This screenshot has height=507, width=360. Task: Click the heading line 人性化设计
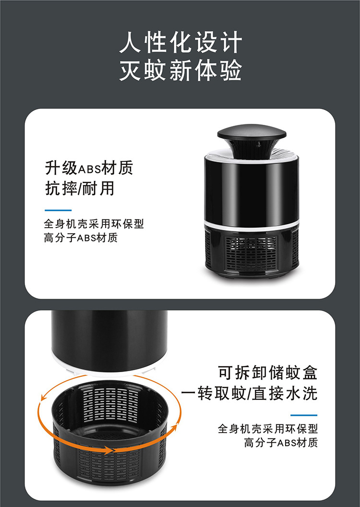coord(180,44)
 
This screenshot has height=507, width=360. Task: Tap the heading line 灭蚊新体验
coord(180,71)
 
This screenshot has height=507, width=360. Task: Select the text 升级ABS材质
coord(89,168)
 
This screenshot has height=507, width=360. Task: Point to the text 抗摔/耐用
coord(80,188)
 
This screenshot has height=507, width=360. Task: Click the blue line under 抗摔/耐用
coord(58,210)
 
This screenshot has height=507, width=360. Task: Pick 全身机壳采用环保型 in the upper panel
coord(94,224)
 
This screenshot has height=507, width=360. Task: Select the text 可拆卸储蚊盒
coord(268,373)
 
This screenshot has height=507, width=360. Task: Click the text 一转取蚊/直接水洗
coord(249,394)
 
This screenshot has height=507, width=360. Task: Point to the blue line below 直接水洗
coord(304,415)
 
